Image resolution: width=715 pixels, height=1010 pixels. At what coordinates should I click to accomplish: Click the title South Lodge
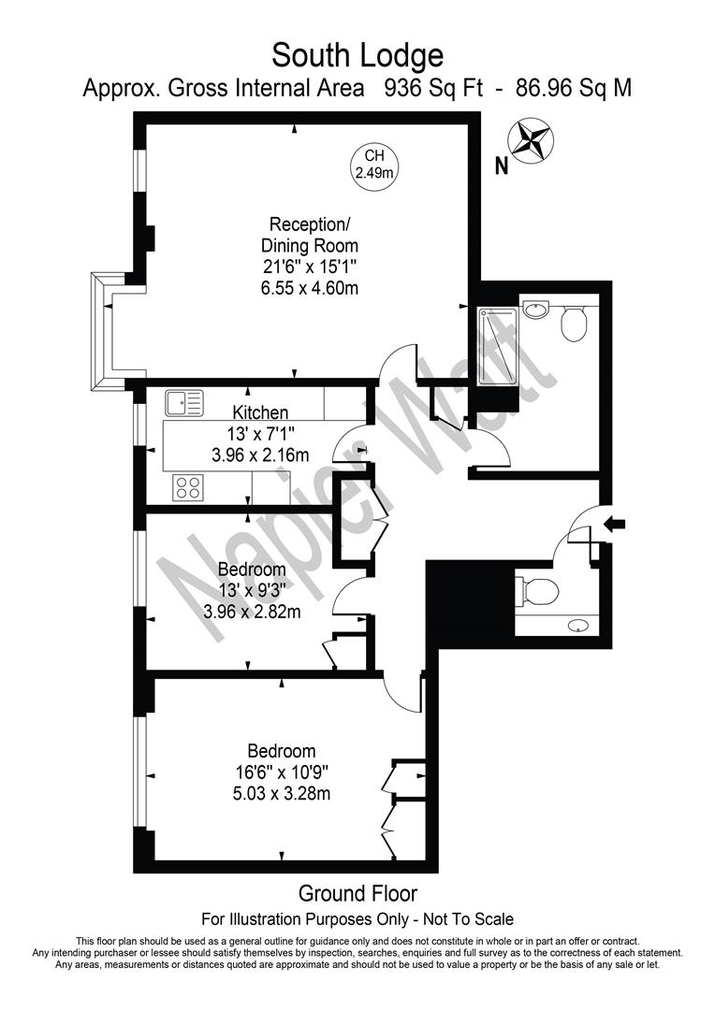357,56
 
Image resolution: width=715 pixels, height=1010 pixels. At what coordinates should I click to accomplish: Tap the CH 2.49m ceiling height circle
374,165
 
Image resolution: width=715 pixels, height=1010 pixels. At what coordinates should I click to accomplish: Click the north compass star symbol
531,140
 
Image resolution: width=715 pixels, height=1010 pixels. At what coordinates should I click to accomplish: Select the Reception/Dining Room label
309,235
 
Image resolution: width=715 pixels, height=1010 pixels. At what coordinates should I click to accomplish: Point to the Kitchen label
260,412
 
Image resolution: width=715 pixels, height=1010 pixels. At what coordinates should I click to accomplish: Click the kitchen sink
184,403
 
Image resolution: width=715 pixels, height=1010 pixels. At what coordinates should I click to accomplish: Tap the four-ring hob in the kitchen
187,487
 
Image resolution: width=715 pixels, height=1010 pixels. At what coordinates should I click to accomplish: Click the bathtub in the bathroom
497,346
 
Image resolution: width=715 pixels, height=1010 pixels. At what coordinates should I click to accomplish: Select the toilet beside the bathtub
573,324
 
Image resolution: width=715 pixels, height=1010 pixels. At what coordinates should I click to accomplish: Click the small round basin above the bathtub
536,310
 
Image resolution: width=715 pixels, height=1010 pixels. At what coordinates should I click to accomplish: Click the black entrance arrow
615,525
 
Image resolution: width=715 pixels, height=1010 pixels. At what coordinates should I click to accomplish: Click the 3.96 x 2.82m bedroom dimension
252,613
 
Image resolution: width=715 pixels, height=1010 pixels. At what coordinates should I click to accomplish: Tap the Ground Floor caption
357,893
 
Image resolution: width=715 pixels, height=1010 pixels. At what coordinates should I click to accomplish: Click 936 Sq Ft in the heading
430,89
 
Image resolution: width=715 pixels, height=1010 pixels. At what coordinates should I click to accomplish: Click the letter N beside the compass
501,168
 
